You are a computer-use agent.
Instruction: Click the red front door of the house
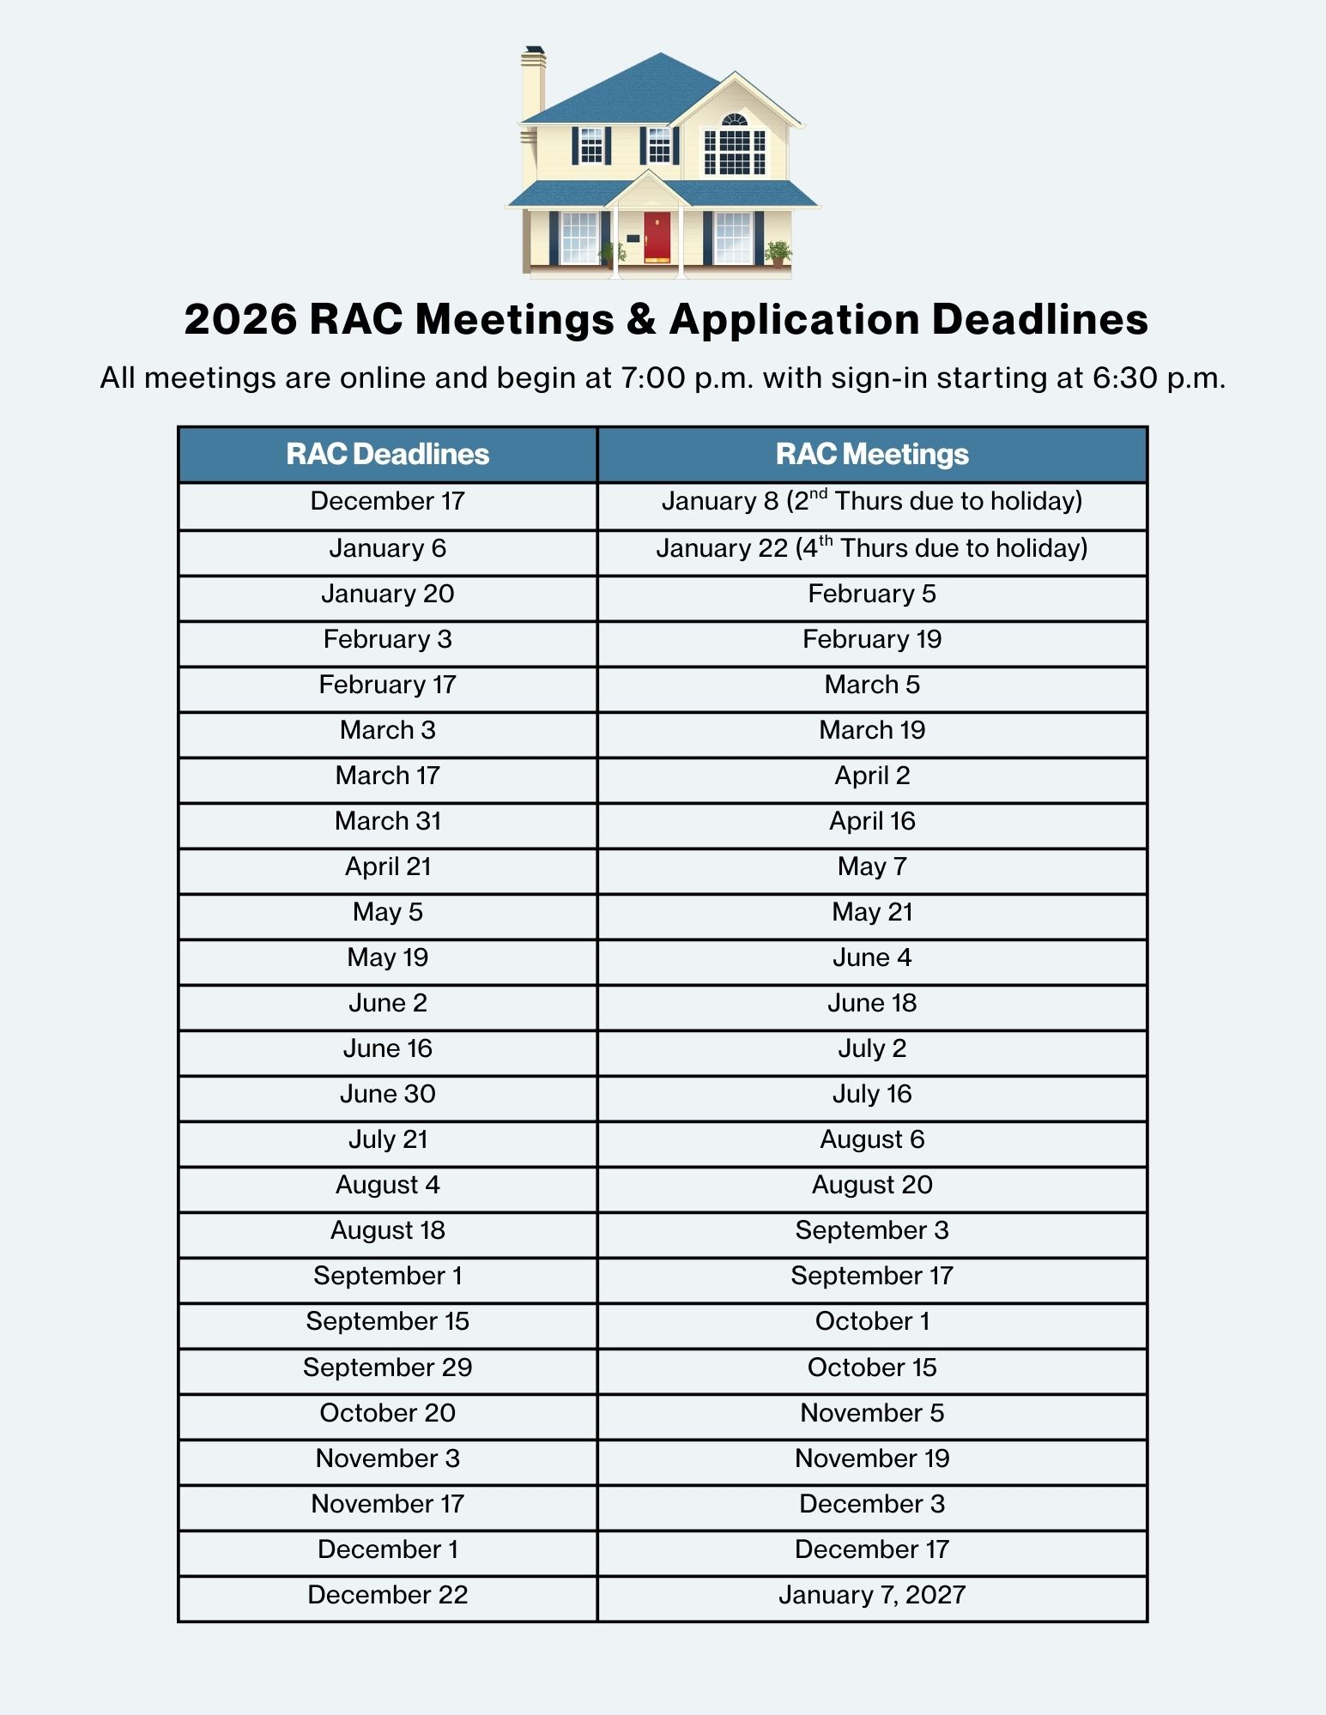tap(657, 237)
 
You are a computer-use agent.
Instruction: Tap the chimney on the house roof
tap(533, 82)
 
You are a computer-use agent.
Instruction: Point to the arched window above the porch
tap(735, 120)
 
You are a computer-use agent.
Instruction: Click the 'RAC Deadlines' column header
tap(387, 454)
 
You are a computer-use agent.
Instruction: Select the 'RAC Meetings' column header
tap(872, 454)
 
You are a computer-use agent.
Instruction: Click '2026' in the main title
tap(240, 319)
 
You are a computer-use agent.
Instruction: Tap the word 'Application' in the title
tap(795, 319)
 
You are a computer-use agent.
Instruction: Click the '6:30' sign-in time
tap(1125, 377)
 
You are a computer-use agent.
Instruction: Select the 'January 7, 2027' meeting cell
tap(872, 1595)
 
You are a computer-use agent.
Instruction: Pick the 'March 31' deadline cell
tap(388, 821)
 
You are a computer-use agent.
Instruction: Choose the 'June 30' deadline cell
tap(388, 1094)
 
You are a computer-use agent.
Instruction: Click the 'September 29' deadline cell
tap(388, 1367)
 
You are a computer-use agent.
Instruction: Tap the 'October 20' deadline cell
tap(388, 1412)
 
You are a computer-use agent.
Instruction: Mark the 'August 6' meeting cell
tap(872, 1139)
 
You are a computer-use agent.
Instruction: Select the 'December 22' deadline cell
tap(388, 1595)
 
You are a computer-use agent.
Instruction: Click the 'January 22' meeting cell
tap(872, 548)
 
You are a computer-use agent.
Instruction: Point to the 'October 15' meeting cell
tap(872, 1367)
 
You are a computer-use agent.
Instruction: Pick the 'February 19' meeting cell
tap(872, 639)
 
